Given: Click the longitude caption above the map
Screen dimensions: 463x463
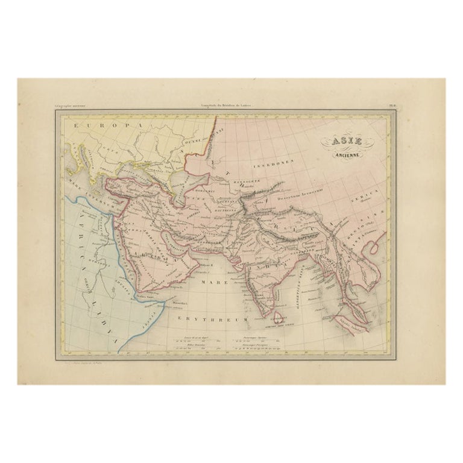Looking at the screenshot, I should click(x=231, y=106).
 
